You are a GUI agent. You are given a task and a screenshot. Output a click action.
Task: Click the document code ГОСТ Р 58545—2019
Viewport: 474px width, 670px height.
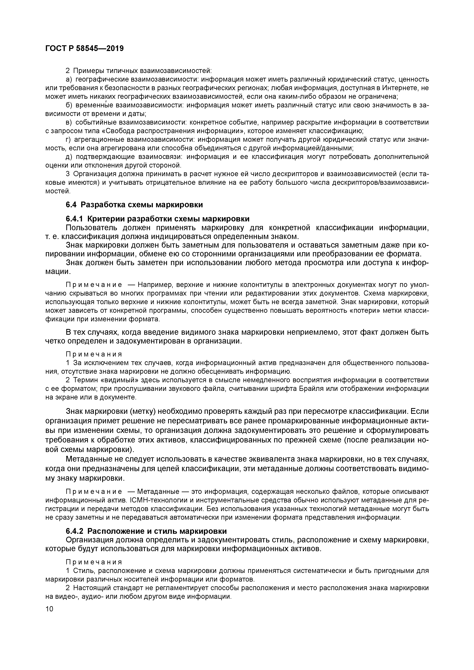85,49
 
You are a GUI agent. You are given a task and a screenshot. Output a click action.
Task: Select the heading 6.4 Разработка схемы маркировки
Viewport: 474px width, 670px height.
134,205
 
